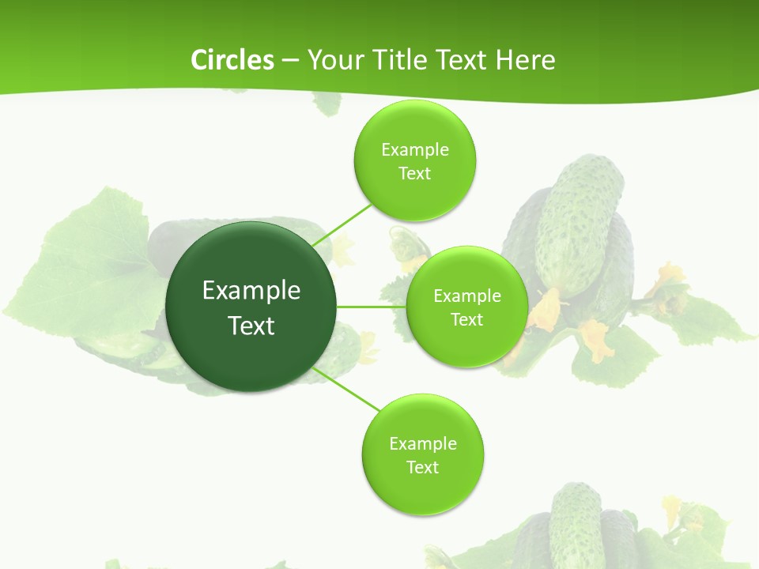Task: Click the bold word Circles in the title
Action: [232, 60]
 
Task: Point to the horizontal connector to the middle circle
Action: [371, 307]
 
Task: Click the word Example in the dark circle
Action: [251, 291]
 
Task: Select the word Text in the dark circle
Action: [251, 326]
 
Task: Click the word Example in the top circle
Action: [414, 150]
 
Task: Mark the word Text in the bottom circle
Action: [422, 467]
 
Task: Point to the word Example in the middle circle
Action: [466, 296]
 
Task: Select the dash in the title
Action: [289, 60]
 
